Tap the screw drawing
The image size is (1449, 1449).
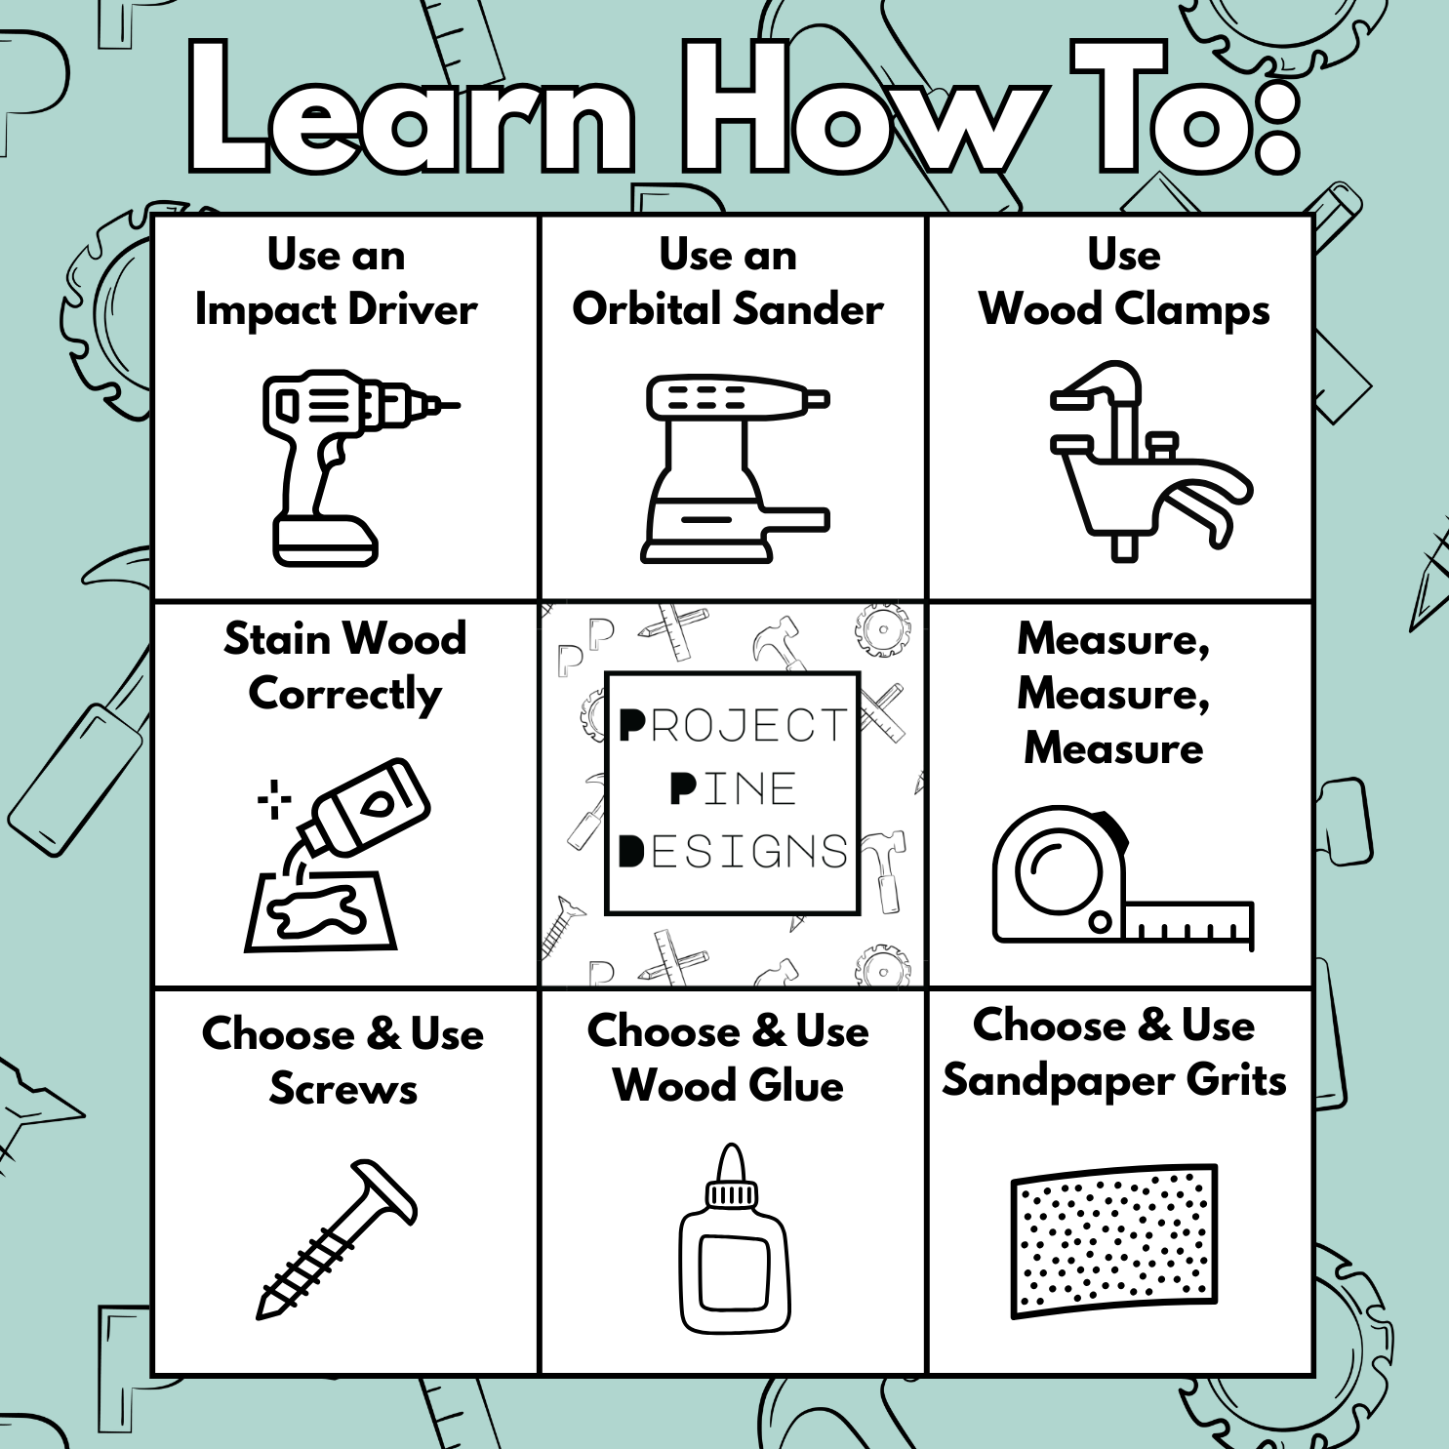tap(337, 1239)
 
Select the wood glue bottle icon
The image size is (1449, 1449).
tap(734, 1239)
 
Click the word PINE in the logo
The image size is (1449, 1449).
tap(733, 788)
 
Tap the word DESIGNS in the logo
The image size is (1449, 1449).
tap(733, 851)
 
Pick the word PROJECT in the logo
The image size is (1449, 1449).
tap(733, 726)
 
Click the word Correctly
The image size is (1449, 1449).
tap(345, 695)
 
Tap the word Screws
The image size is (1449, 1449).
tap(343, 1089)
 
